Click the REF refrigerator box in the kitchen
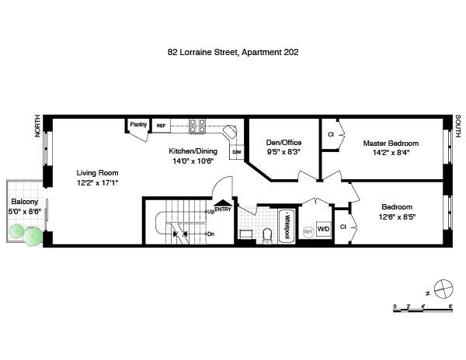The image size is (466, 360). tap(161, 126)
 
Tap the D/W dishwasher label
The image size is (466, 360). tap(237, 152)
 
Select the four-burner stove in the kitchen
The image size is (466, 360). tap(197, 126)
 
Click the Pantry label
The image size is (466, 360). tap(138, 124)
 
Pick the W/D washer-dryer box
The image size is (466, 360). tap(323, 229)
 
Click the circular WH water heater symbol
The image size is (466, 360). tap(308, 231)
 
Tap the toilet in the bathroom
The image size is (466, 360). tap(267, 236)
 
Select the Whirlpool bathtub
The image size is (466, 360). tap(287, 226)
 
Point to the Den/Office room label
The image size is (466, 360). tap(283, 143)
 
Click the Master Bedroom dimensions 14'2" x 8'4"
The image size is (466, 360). tap(391, 153)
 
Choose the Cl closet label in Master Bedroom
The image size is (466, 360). tap(331, 134)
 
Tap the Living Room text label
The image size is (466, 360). tap(98, 173)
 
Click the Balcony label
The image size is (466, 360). tap(25, 202)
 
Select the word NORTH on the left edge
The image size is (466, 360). tap(37, 126)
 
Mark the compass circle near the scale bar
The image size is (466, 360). tap(443, 289)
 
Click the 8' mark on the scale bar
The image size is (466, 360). tap(450, 306)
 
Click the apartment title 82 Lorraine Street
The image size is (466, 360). tap(203, 52)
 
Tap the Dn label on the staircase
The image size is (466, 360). tap(210, 234)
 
